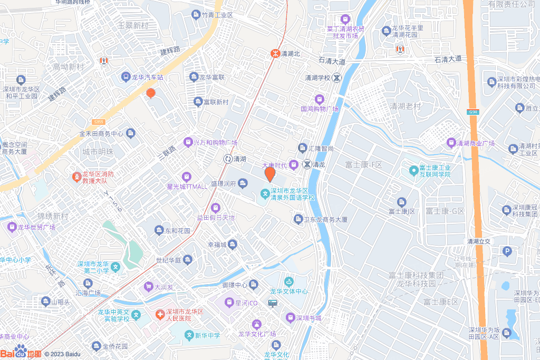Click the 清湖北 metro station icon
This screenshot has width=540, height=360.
tap(274, 53)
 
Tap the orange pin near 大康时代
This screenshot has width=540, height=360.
tap(269, 173)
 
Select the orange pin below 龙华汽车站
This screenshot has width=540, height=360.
tap(151, 93)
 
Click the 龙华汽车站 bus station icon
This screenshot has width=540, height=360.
tap(126, 77)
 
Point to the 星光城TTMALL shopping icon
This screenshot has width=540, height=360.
tap(186, 177)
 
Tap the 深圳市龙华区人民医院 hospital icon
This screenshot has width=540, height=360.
tap(159, 315)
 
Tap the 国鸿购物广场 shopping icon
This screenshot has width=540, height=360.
tap(319, 99)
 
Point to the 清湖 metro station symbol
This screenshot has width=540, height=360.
tap(228, 159)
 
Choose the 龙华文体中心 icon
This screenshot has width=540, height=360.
tap(288, 281)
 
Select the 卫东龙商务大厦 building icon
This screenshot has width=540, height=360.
tap(298, 219)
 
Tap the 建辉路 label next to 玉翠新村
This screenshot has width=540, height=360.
tap(170, 51)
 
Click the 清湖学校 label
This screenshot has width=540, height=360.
tap(317, 77)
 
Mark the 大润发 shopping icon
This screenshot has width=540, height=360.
tap(148, 287)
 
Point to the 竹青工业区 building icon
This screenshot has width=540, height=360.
tap(196, 15)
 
